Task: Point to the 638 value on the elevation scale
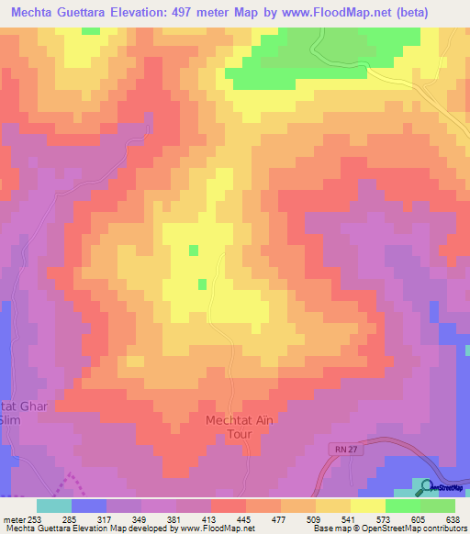coord(452,519)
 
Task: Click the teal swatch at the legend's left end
coord(54,506)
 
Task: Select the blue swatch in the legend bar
coord(89,506)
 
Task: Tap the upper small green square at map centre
coord(193,250)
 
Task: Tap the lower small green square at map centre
coord(202,284)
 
